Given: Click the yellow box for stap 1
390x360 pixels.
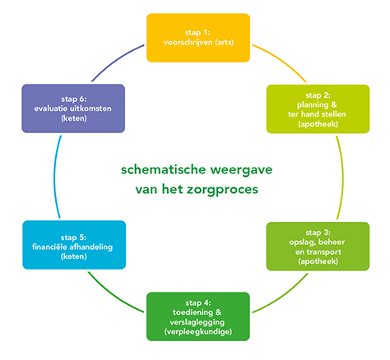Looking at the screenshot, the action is click(198, 38).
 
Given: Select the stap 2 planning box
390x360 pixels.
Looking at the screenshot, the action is click(318, 109).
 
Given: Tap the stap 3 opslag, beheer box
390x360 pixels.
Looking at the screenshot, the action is click(318, 247).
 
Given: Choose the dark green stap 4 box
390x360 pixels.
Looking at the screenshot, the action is click(198, 316).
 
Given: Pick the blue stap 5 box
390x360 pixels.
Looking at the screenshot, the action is click(74, 245).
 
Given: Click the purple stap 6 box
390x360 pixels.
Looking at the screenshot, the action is click(73, 108).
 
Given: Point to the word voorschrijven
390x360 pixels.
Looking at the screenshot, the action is click(188, 43).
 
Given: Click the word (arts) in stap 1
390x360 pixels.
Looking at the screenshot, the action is click(225, 43).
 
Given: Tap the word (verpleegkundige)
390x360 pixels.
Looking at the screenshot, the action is click(198, 332).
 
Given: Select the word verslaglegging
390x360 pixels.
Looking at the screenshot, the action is click(197, 322).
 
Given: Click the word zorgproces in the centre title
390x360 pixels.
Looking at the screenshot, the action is click(222, 190).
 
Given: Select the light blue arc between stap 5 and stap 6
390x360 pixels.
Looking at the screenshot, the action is click(54, 177).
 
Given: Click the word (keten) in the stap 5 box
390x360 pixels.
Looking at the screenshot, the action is click(73, 256).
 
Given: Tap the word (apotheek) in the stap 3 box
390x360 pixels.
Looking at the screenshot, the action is click(318, 261).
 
